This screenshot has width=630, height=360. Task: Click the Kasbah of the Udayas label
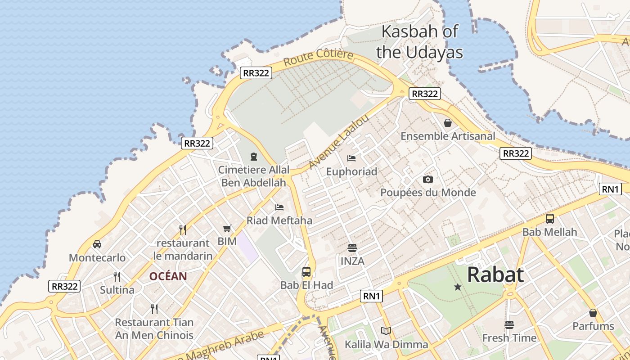419,42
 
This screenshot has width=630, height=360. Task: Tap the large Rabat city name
495,274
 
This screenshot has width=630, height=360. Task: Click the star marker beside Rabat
458,287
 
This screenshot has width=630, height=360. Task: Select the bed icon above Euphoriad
351,158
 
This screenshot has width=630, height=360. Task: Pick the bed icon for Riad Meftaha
279,207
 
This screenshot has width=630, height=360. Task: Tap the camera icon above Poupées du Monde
427,179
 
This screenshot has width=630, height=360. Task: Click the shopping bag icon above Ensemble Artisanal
448,122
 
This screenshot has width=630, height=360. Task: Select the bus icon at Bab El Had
306,271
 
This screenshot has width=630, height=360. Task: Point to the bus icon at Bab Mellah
549,219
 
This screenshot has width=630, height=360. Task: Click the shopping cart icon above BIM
227,228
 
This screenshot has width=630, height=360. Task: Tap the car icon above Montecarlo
97,244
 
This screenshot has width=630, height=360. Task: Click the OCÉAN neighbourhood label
168,276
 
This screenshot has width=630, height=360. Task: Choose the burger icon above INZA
352,247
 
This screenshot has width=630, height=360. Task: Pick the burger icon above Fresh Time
509,324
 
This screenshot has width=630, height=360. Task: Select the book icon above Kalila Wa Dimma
386,331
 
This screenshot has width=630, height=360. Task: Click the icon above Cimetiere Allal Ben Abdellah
254,157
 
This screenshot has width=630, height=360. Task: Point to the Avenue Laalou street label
339,142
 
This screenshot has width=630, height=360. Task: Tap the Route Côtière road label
318,58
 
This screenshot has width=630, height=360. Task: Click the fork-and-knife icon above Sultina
117,276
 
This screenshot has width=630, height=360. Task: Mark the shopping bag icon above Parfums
593,313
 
